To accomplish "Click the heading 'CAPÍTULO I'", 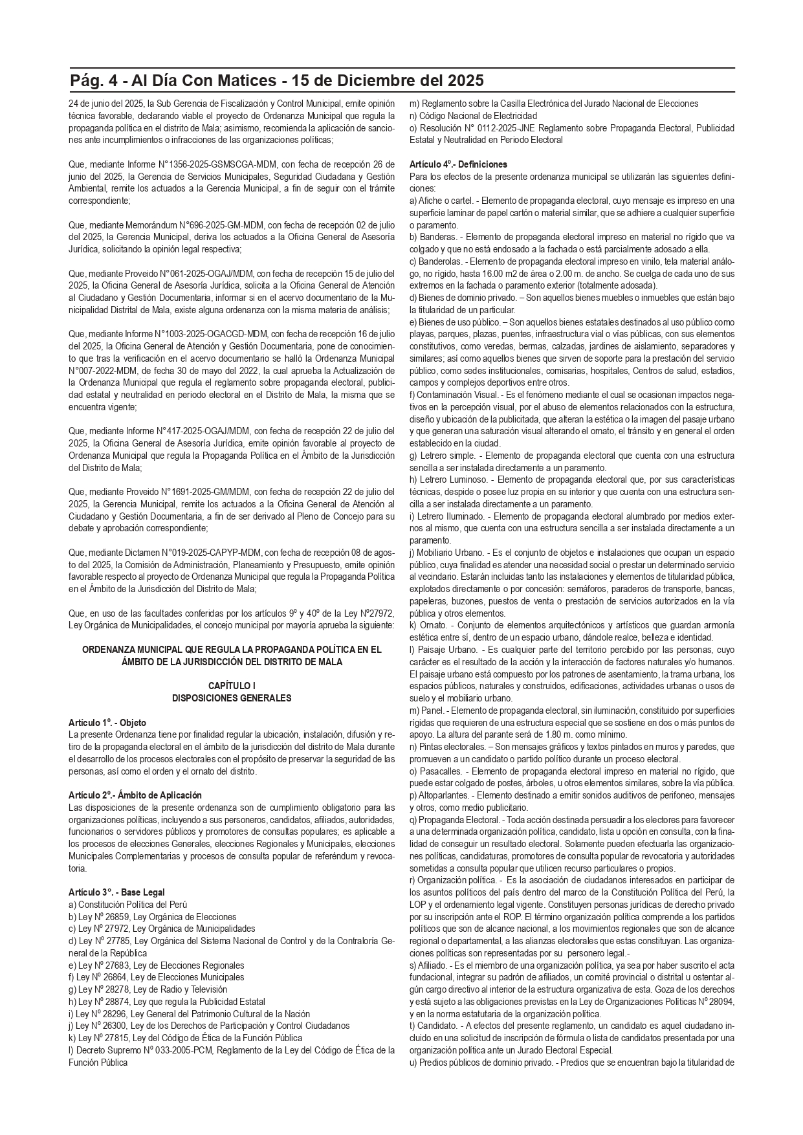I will pos(232,685).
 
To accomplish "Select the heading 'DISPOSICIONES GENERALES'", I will pos(232,698).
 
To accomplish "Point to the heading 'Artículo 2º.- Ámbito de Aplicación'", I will pos(135,795).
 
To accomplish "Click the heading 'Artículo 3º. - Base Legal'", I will pos(116,892).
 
